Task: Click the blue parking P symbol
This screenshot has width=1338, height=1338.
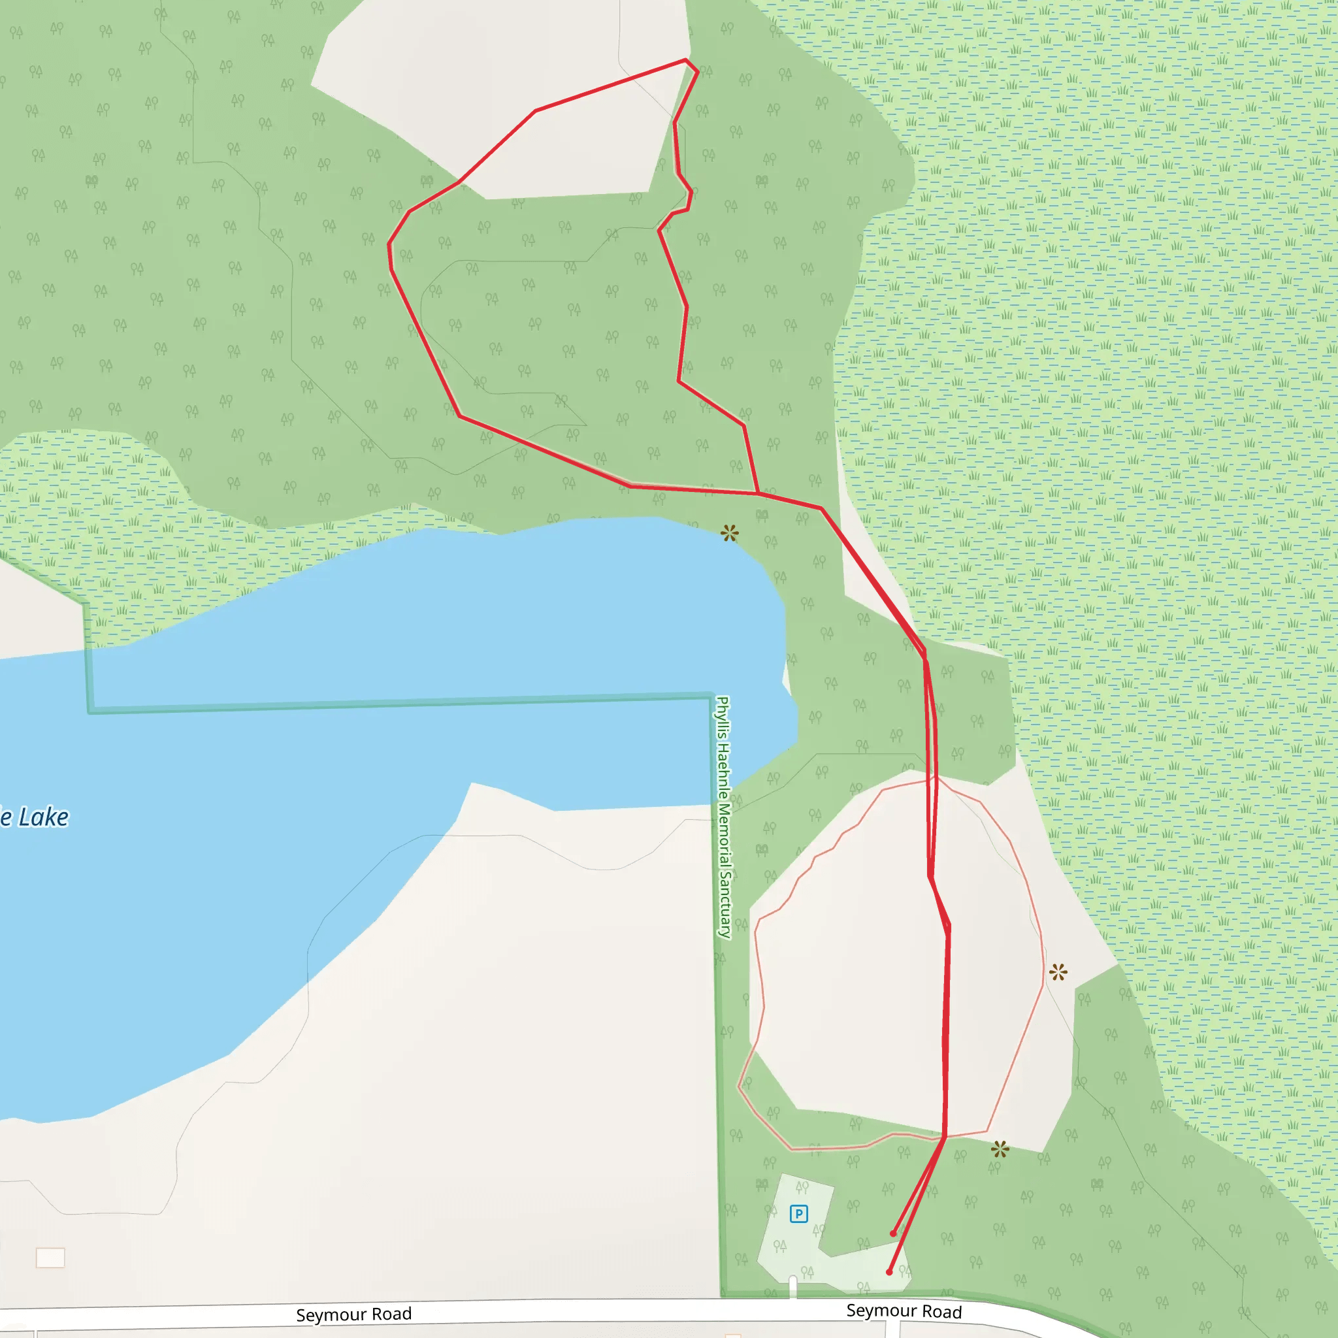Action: tap(798, 1213)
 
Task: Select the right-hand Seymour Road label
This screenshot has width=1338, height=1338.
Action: tap(904, 1311)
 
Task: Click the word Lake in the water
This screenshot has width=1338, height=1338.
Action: tap(43, 817)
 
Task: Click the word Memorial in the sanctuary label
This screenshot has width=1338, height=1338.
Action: tap(724, 829)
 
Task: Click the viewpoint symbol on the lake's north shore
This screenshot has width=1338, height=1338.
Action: tap(729, 533)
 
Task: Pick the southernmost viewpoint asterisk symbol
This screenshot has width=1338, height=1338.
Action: tap(1000, 1150)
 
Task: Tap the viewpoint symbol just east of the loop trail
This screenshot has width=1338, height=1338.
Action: tap(1058, 971)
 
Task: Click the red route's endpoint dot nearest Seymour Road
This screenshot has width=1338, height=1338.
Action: tap(889, 1272)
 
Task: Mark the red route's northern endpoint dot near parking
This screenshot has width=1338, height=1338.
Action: tap(893, 1233)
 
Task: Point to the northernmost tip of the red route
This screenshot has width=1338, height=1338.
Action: tap(685, 60)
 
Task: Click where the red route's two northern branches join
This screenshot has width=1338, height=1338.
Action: tap(759, 494)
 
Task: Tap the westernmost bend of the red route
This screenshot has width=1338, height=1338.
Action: tap(389, 244)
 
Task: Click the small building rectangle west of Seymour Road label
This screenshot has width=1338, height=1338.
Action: tap(50, 1258)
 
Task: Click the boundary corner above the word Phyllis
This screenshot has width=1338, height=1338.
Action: tap(713, 695)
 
